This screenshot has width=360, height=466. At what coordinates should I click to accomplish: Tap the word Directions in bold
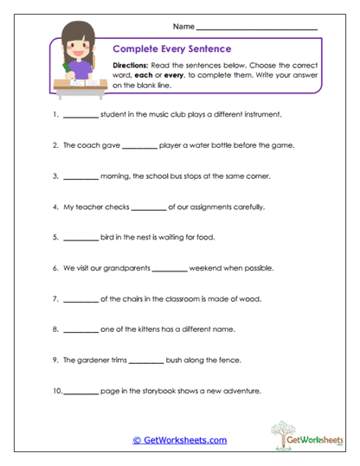[132, 66]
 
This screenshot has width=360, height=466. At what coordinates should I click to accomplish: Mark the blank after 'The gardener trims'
[145, 360]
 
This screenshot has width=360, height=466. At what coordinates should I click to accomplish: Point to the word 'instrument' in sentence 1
[260, 114]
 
